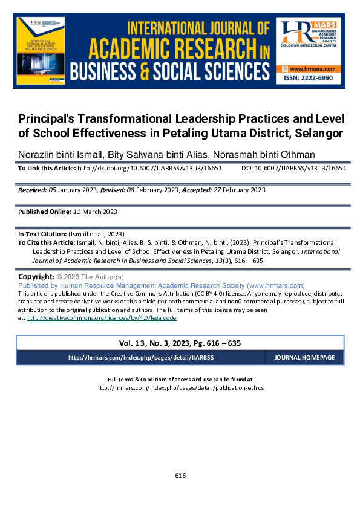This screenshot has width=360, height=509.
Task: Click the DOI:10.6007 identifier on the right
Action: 293,169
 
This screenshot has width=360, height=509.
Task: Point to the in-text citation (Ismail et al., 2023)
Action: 97,233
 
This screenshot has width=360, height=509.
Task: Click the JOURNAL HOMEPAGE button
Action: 304,358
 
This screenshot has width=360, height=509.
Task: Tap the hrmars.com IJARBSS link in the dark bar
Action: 141,358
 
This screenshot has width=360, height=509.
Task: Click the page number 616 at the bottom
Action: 180,476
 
